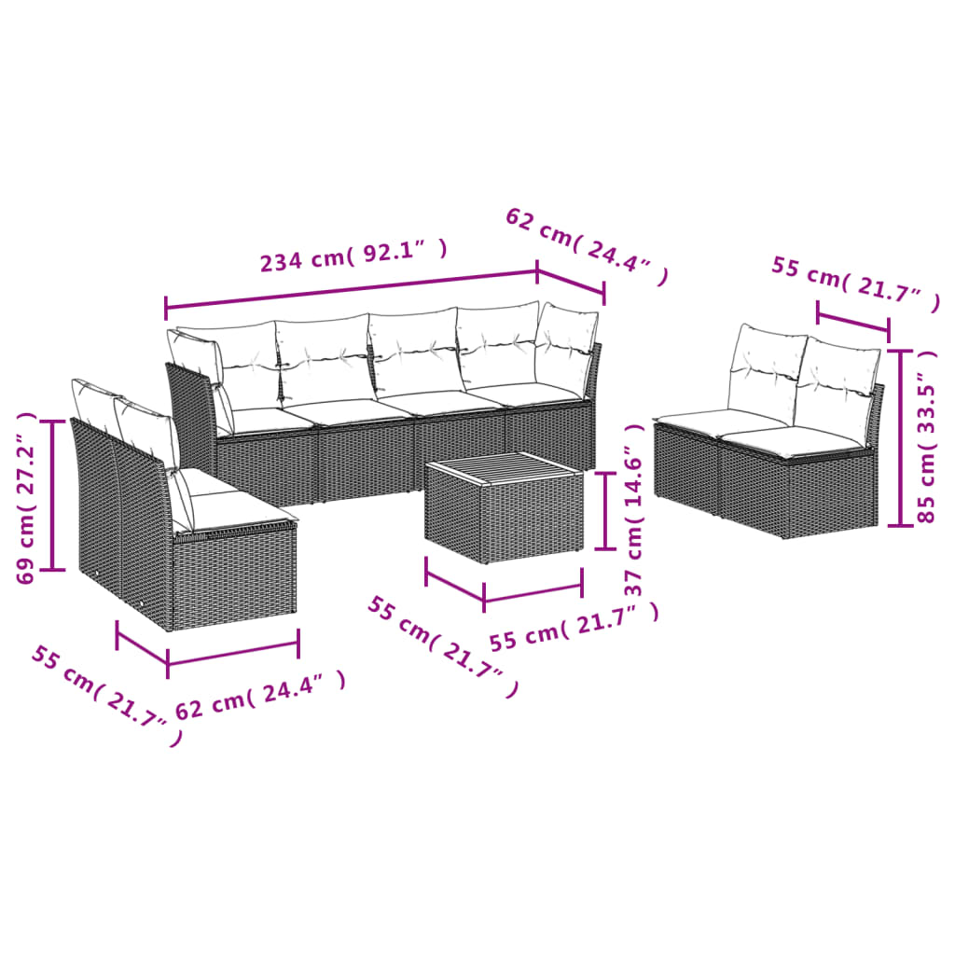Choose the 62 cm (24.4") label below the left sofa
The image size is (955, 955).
pos(260,696)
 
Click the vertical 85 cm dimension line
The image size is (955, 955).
pos(899,437)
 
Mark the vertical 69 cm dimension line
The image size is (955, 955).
pos(53,495)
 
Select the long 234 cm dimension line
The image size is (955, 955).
pos(352,288)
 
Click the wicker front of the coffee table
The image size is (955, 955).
pos(504,522)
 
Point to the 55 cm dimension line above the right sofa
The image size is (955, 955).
pos(852,316)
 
